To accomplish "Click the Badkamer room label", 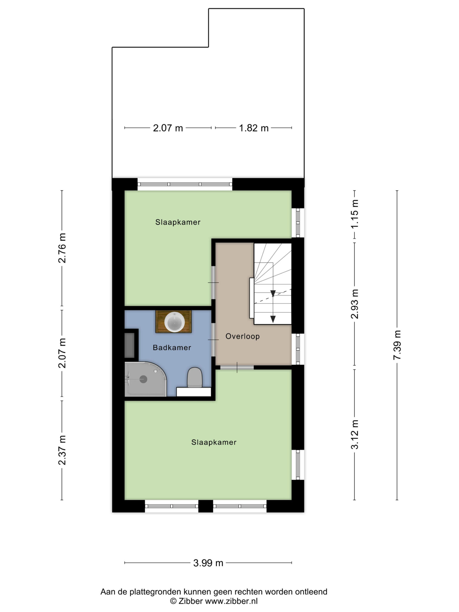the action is point(172,348).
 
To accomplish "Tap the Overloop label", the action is point(242,336).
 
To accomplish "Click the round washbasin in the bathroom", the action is point(174,322).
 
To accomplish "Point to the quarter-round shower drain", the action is point(143,379).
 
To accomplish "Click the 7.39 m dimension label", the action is point(397,345).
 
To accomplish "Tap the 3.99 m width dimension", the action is point(208,563).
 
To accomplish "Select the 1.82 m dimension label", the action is point(254,128).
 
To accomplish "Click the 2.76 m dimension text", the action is point(62,248).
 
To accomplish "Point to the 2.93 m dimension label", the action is point(355,304).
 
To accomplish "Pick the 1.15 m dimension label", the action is point(355,214).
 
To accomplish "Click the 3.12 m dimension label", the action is point(355,435).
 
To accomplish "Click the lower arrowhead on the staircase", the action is point(273,319).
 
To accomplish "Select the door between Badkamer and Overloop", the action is point(213,339).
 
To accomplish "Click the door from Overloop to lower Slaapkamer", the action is point(237,367).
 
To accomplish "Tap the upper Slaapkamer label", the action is point(178,222).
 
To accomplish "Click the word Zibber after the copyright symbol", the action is point(191,601).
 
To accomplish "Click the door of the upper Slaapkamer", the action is point(213,283).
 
